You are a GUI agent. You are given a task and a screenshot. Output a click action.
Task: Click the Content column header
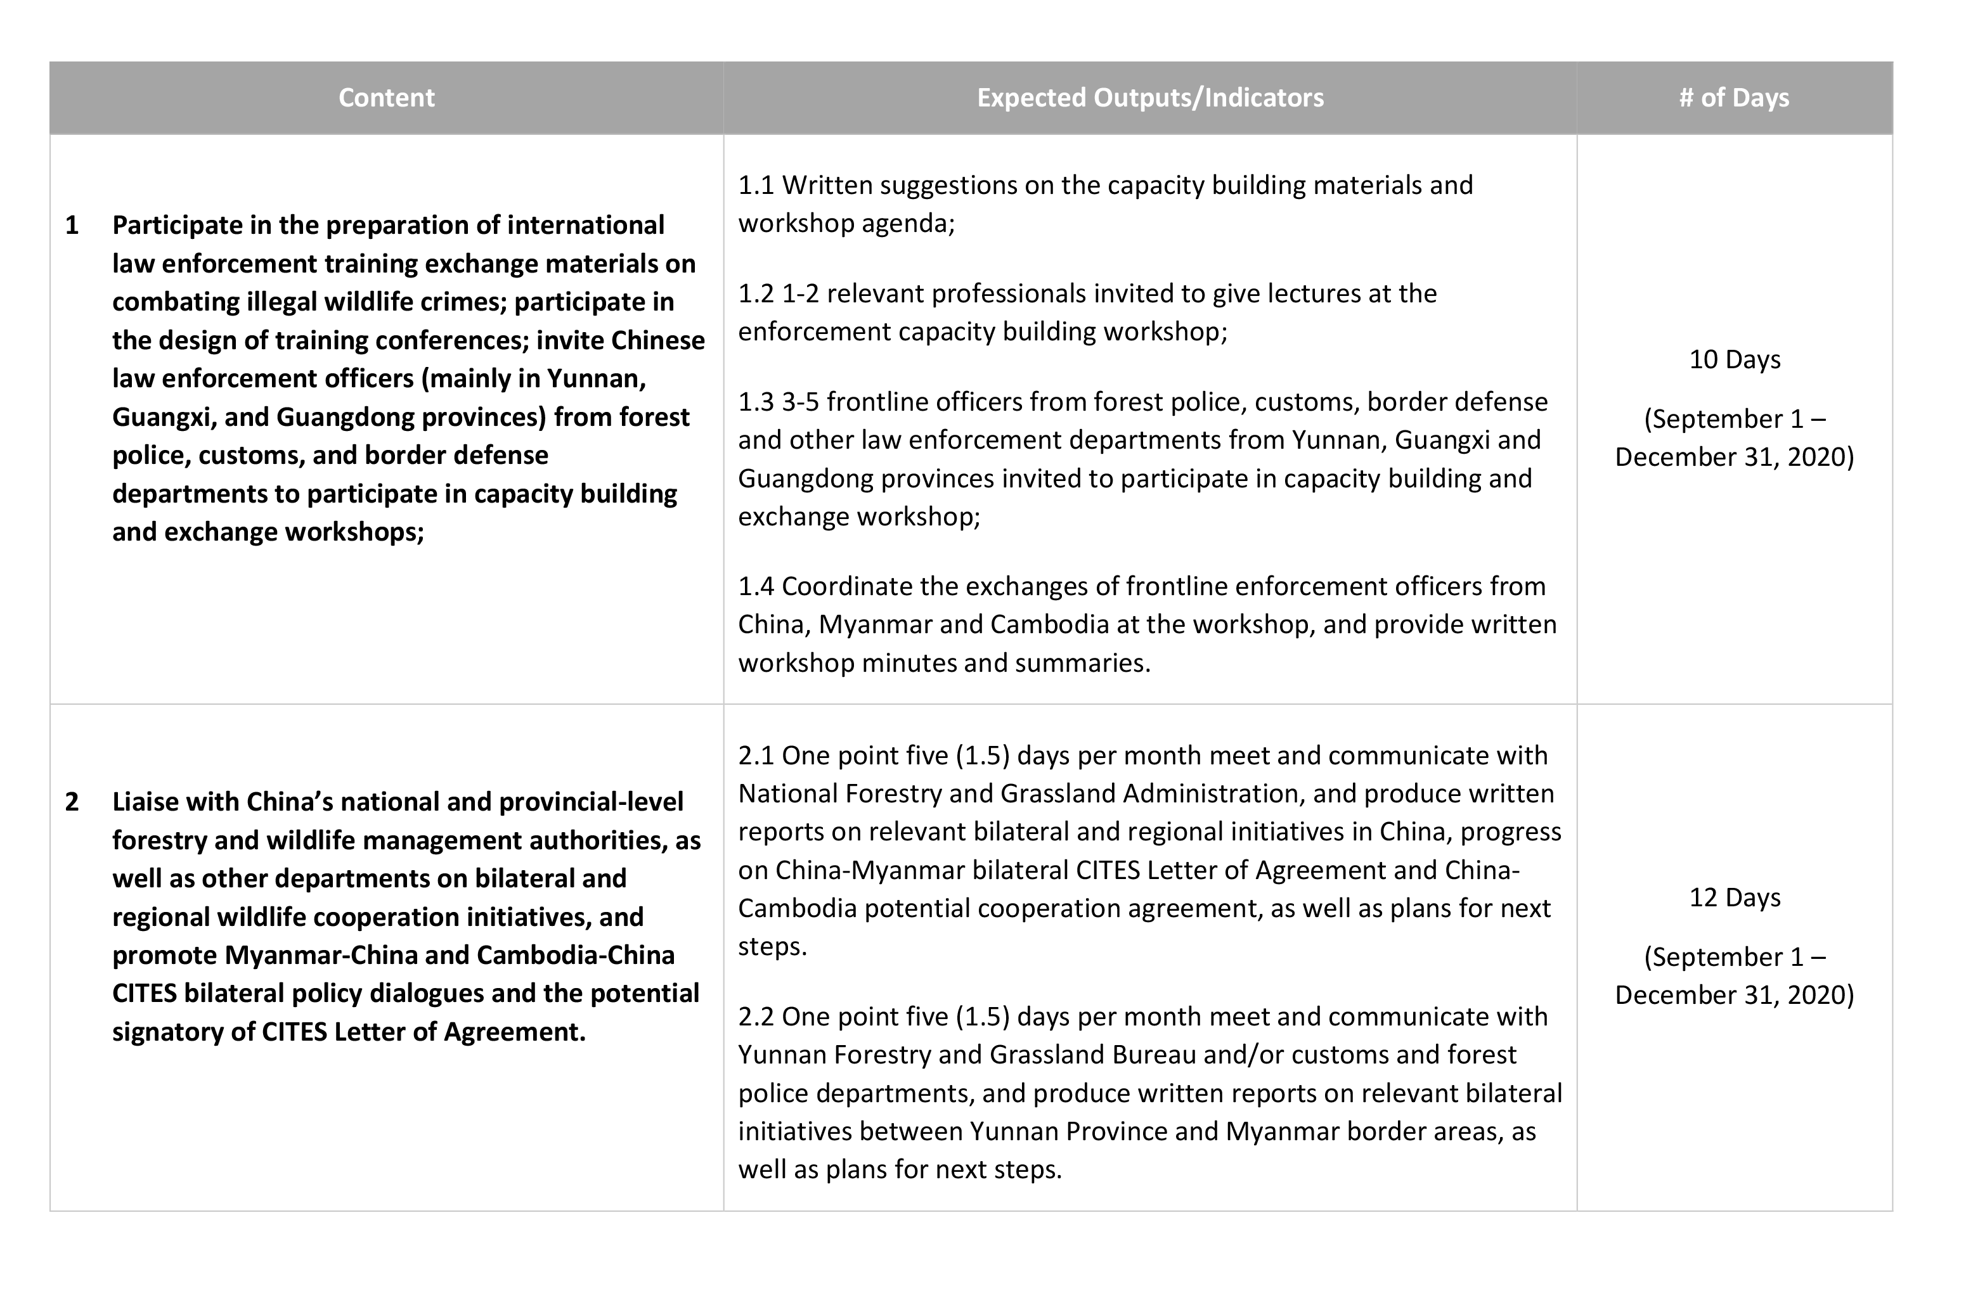tap(386, 98)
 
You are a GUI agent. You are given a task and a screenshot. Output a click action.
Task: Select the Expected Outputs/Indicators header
tap(1149, 98)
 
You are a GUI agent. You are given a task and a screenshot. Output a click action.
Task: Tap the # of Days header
tap(1734, 98)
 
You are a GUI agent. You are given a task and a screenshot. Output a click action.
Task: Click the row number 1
tap(72, 225)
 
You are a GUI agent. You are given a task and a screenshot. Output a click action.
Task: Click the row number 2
tap(72, 801)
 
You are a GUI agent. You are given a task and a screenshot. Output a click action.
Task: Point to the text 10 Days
tap(1735, 359)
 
